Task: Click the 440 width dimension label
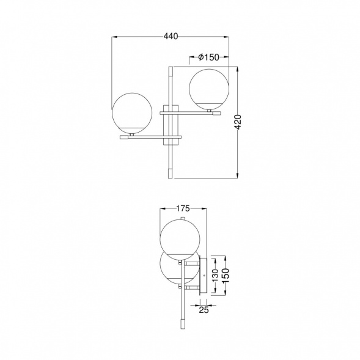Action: point(171,36)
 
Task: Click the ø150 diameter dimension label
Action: point(208,57)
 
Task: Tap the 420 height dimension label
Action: point(238,122)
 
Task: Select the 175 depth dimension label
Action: point(183,208)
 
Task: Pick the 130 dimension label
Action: point(215,275)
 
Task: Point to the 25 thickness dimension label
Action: point(204,310)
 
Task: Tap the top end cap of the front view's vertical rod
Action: point(171,71)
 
